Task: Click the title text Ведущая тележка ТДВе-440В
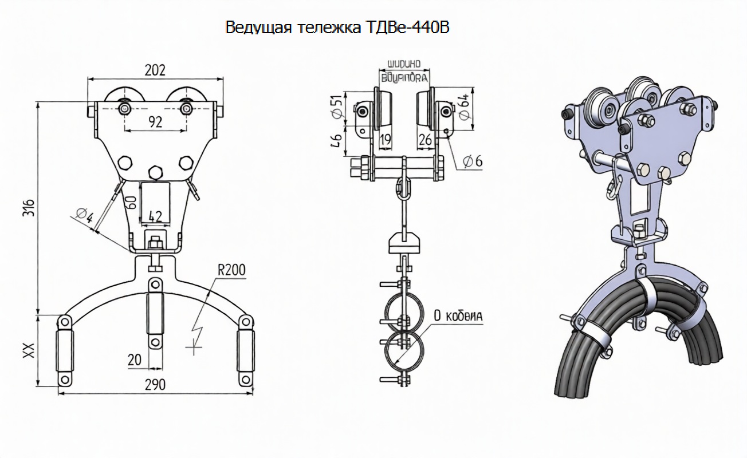pos(337,27)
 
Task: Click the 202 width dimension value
pos(155,70)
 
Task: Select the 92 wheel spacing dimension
pos(154,121)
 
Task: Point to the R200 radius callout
pos(231,270)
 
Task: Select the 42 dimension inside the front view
pos(155,216)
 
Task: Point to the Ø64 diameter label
pos(465,106)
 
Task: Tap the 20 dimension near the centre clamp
pos(134,360)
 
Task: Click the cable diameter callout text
pos(458,315)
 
